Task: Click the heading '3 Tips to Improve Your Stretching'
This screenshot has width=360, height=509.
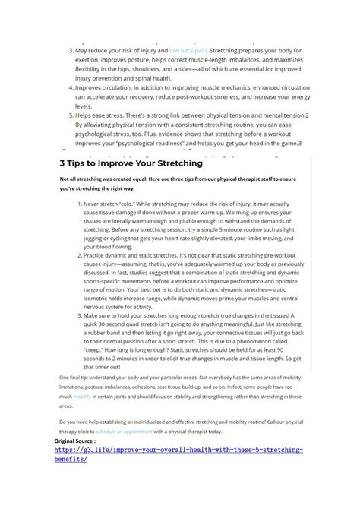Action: coord(131,163)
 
